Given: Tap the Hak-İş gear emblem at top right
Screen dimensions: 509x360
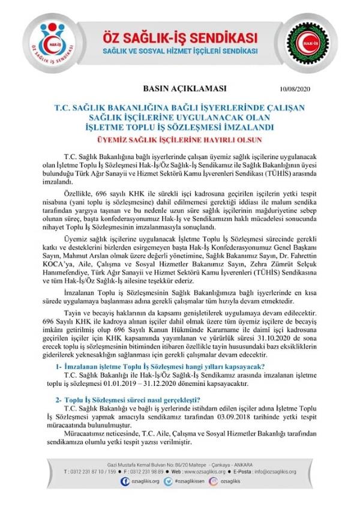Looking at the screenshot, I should pos(325,43).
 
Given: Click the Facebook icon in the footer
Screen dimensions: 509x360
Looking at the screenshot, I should pos(125,481).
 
